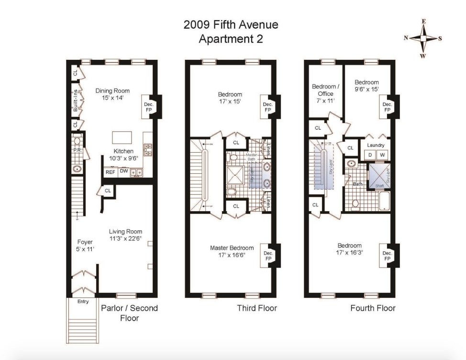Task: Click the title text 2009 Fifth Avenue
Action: (231, 25)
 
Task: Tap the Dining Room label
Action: (112, 90)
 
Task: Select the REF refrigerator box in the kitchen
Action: (110, 171)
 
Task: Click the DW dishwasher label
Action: (123, 171)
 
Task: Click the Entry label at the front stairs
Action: (83, 302)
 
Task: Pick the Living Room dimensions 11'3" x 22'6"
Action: (125, 238)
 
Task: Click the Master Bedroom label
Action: (232, 247)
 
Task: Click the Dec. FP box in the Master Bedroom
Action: (268, 256)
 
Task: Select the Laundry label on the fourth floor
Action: (376, 145)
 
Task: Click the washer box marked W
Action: (382, 155)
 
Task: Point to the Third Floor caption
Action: (257, 308)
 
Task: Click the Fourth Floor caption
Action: (373, 308)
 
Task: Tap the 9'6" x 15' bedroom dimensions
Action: (366, 89)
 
